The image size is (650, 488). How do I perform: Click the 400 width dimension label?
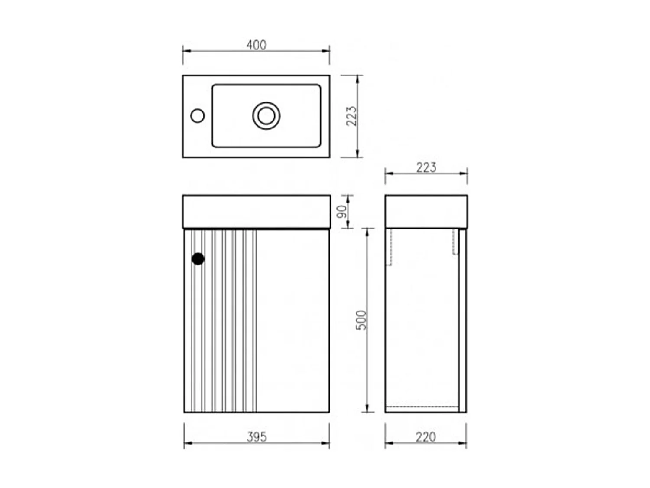[256, 45]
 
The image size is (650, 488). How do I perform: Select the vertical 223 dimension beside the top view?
[351, 116]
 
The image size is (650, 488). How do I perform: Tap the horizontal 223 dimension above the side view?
[426, 167]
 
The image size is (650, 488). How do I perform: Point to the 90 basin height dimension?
[342, 212]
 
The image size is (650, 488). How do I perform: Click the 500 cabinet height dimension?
[361, 320]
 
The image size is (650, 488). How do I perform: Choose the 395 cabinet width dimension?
[257, 437]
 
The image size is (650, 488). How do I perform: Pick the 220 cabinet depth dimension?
[426, 437]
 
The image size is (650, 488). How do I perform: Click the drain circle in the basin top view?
[266, 116]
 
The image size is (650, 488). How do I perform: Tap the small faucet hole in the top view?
[197, 116]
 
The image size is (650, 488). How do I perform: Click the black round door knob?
[198, 259]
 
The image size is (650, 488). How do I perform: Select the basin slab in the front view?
[256, 211]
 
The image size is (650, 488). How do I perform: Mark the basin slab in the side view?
[426, 211]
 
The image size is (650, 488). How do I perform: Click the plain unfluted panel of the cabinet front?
[292, 321]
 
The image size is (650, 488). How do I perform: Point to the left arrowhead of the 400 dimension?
[186, 51]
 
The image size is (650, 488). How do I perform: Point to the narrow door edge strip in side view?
[462, 321]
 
